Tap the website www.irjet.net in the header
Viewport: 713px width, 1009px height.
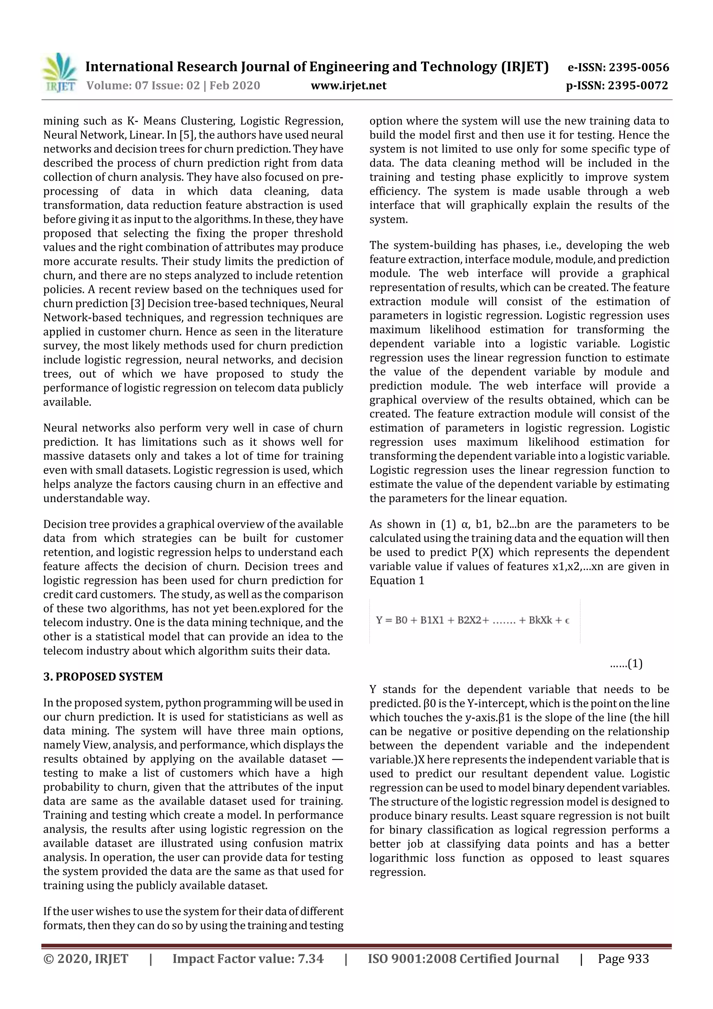(x=348, y=85)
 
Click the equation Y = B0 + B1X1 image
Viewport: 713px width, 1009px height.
(x=473, y=621)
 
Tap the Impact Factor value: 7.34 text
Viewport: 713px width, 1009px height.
(x=248, y=958)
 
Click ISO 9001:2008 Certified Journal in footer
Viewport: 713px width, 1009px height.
(x=463, y=958)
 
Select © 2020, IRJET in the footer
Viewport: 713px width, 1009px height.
(x=86, y=958)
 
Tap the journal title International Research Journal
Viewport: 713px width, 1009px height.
(x=316, y=67)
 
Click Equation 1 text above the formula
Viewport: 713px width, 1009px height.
(x=397, y=581)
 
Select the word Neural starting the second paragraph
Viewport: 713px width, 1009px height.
(x=61, y=428)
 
